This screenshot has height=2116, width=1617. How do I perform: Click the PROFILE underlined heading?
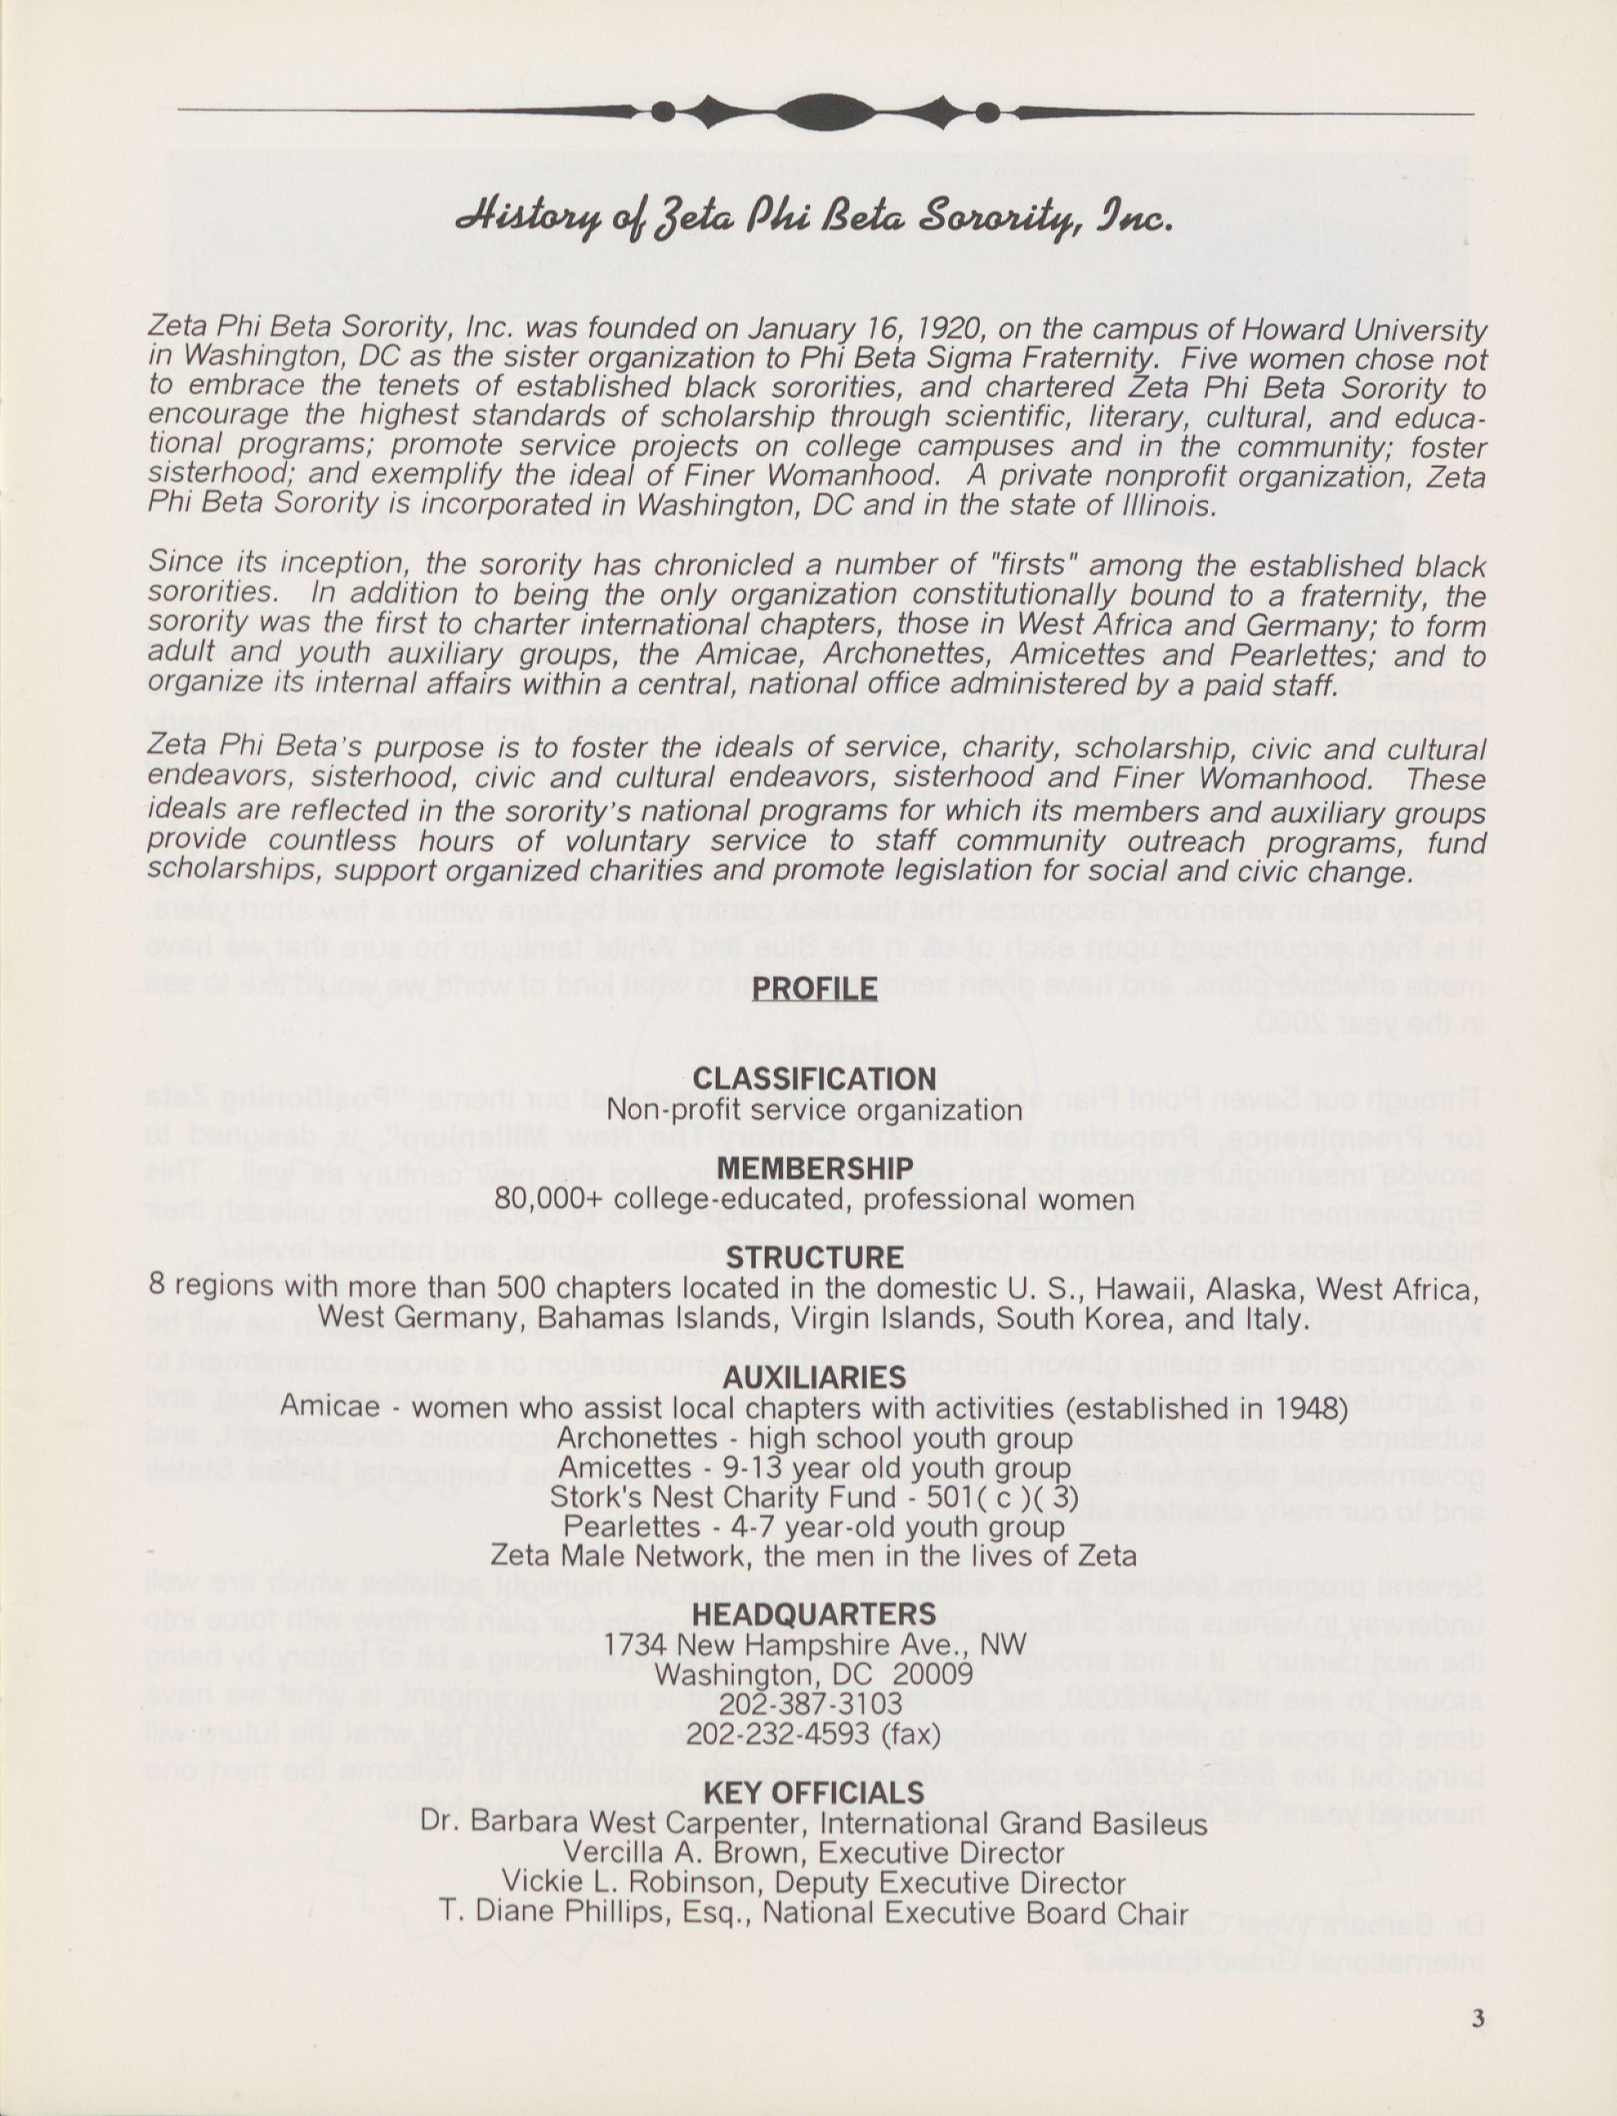point(814,989)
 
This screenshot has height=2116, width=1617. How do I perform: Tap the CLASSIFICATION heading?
point(814,1078)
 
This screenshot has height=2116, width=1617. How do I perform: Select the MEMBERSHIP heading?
point(814,1168)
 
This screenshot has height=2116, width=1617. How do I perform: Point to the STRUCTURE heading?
point(814,1257)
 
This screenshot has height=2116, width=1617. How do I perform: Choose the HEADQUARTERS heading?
point(814,1614)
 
